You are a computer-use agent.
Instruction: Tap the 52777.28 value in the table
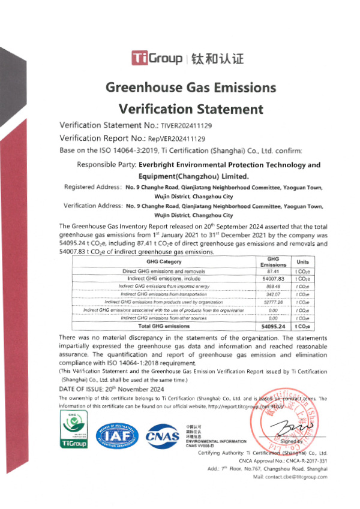point(273,302)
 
